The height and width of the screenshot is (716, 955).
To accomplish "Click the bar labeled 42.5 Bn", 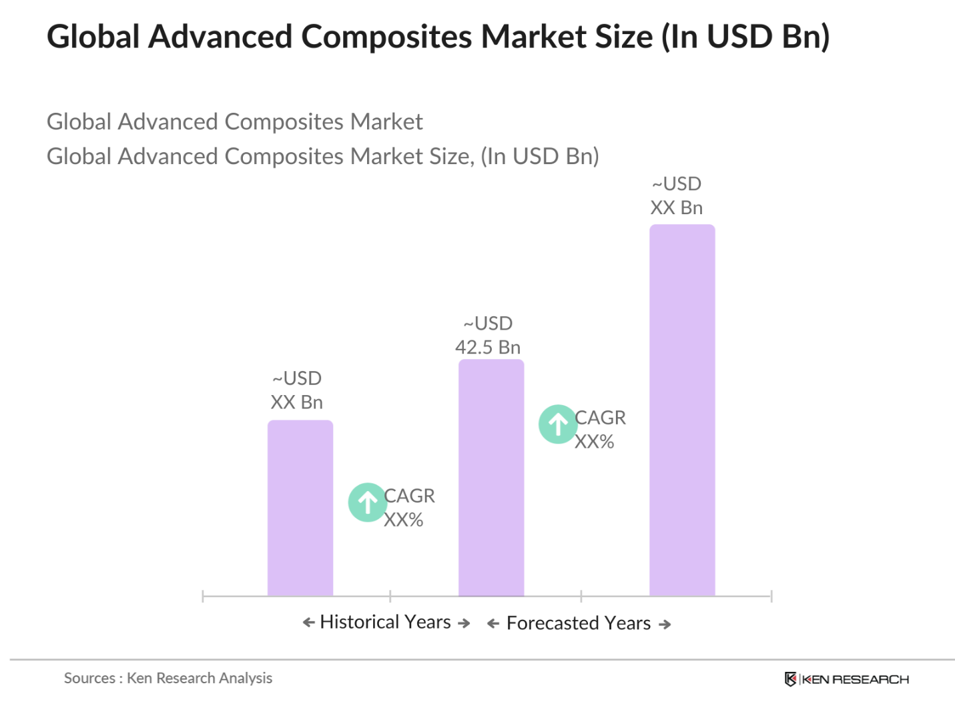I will (491, 477).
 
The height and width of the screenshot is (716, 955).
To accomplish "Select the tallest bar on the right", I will (681, 410).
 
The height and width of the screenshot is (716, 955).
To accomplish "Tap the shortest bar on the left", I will (300, 507).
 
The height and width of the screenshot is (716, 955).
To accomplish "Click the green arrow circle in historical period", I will (367, 502).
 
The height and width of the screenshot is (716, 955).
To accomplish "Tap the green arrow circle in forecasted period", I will (557, 424).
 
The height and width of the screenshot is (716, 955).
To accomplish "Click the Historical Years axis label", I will (385, 622).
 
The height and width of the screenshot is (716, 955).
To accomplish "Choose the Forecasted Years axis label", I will (578, 623).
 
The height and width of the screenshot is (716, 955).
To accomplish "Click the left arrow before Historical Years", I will (308, 623).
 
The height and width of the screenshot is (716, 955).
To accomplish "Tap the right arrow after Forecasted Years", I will (665, 625).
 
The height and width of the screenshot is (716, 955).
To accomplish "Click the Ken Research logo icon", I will (790, 679).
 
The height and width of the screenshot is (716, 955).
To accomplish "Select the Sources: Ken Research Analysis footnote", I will (168, 678).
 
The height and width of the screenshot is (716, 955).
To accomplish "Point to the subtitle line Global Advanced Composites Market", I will (234, 122).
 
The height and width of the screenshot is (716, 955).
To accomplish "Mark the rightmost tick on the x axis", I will (771, 596).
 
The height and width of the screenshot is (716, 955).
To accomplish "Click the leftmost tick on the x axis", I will (203, 596).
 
